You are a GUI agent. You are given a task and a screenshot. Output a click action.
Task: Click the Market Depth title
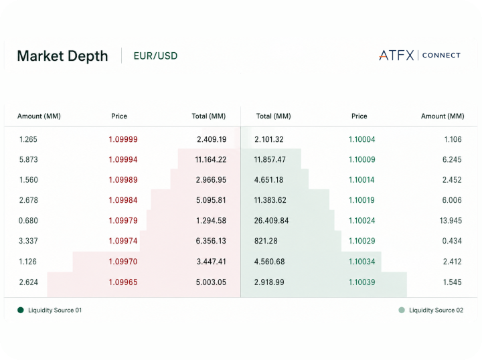tap(62, 56)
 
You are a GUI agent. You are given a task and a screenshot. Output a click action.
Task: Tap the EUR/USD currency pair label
tap(155, 56)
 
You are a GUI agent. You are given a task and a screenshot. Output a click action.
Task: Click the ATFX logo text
tap(396, 56)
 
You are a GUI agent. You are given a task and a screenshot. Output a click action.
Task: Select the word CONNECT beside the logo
tap(441, 56)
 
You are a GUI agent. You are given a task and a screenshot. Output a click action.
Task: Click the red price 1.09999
tap(123, 139)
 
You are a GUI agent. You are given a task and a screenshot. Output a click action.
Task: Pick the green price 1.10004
tap(361, 139)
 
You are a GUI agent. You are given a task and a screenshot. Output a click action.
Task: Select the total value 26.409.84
tap(271, 221)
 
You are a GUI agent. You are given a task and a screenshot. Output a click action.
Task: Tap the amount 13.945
tap(451, 221)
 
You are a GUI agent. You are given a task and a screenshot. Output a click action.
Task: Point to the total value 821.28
tap(266, 241)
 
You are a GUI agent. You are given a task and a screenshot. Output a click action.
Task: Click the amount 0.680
tap(28, 221)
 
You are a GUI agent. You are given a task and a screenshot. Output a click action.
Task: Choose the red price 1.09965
tap(123, 282)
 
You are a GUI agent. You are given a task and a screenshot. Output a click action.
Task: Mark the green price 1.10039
tap(361, 282)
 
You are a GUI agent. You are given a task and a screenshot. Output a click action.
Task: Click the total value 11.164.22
tap(211, 160)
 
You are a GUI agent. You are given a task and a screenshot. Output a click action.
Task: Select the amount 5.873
tap(29, 160)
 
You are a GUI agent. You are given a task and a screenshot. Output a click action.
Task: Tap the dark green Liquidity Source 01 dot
tap(21, 310)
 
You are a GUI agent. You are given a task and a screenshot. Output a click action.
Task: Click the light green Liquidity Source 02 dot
tap(402, 310)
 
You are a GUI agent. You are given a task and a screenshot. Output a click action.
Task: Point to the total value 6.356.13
tap(211, 241)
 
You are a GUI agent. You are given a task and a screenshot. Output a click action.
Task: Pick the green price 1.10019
tap(361, 200)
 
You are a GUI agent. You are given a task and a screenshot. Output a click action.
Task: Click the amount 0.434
tap(452, 241)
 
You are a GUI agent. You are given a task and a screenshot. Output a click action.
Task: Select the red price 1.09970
tap(123, 262)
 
